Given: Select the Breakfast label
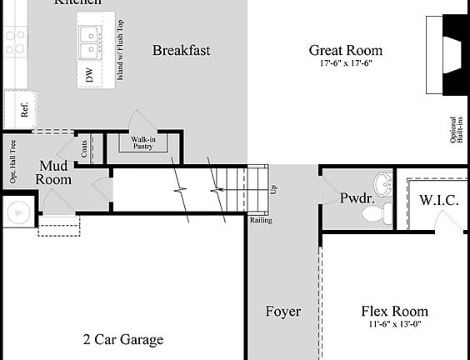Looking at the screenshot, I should coord(181,51).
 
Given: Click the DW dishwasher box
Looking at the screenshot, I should coord(89,76).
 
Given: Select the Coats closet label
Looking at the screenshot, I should coord(85,148).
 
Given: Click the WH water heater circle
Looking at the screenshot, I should coord(17,212).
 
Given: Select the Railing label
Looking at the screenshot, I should coord(260,221).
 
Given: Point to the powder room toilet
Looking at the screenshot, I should coord(382,213).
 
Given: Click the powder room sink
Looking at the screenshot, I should coord(382,182).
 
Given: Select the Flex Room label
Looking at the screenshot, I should coord(393,312).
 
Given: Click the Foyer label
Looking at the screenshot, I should coord(282,312).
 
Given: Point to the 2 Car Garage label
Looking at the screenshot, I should coord(122,339).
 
